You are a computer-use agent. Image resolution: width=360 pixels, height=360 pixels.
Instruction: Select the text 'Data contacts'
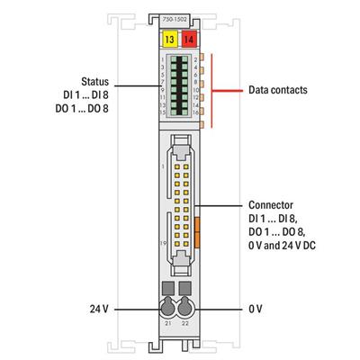[x=278, y=90]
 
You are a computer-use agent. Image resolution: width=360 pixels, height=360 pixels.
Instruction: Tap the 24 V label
[x=100, y=308]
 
